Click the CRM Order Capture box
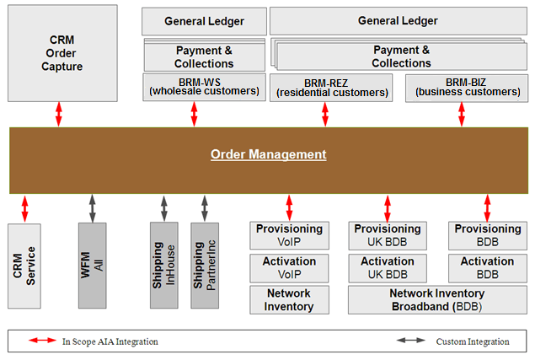tap(58, 54)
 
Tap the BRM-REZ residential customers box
tap(331, 88)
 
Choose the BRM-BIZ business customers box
tap(462, 88)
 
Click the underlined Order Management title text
tap(268, 154)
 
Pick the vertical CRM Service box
tap(24, 266)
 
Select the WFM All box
tap(93, 266)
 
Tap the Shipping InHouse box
tap(163, 266)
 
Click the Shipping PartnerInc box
tap(205, 266)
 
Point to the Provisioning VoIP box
tap(290, 235)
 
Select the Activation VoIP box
tap(290, 267)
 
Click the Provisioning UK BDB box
tap(388, 235)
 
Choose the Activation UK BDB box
tap(388, 267)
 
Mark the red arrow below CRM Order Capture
tap(59, 114)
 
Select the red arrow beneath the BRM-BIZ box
tap(462, 115)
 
